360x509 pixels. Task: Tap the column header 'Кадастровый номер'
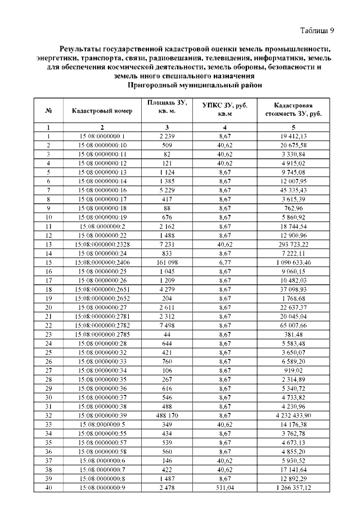tap(102, 111)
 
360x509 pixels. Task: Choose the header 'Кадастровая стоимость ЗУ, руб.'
tap(293, 111)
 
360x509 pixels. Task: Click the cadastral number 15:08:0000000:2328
tap(102, 244)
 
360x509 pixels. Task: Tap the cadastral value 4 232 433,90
tap(293, 415)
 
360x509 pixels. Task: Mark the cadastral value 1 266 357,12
tap(293, 487)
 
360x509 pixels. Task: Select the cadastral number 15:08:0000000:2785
tap(102, 334)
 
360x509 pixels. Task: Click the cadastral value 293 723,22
tap(293, 244)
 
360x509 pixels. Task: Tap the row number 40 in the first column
tap(48, 487)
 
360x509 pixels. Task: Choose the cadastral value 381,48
tap(293, 334)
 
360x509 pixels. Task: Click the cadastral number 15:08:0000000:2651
tap(102, 289)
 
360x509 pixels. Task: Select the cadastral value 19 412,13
tap(293, 136)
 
